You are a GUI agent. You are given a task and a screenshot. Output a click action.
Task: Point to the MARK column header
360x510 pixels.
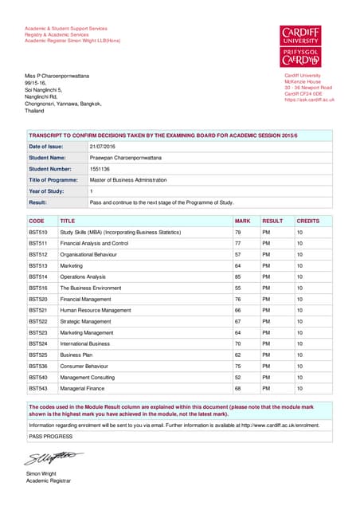point(242,220)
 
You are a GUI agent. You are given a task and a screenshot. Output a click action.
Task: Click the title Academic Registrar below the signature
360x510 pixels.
point(49,481)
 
